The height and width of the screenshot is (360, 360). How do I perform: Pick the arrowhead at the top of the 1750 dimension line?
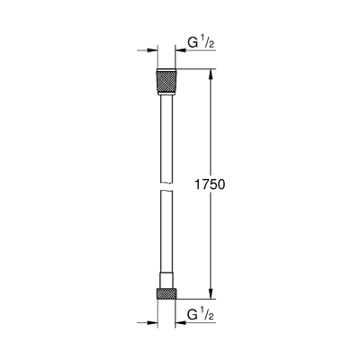[212, 72]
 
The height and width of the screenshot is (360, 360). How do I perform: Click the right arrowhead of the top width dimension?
[183, 50]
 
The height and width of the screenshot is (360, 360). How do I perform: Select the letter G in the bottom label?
[193, 317]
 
